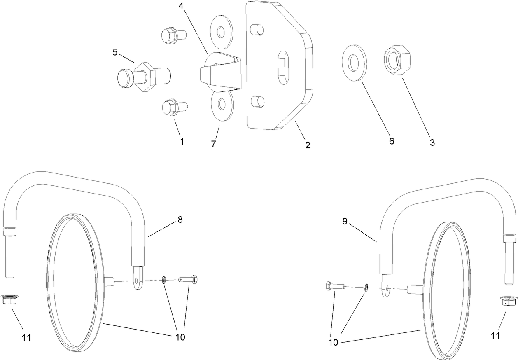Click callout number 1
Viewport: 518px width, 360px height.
pyautogui.click(x=182, y=141)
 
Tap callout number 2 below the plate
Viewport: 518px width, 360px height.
pyautogui.click(x=308, y=145)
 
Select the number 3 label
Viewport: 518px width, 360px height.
pyautogui.click(x=432, y=143)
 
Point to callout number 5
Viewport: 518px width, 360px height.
pyautogui.click(x=115, y=52)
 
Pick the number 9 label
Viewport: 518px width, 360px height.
pyautogui.click(x=345, y=222)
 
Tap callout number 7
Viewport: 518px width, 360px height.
pyautogui.click(x=214, y=144)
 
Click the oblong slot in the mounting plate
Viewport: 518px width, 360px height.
pyautogui.click(x=284, y=68)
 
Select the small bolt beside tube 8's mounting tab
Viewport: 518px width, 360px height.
pyautogui.click(x=189, y=280)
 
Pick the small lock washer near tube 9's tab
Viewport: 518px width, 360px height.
pyautogui.click(x=366, y=286)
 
